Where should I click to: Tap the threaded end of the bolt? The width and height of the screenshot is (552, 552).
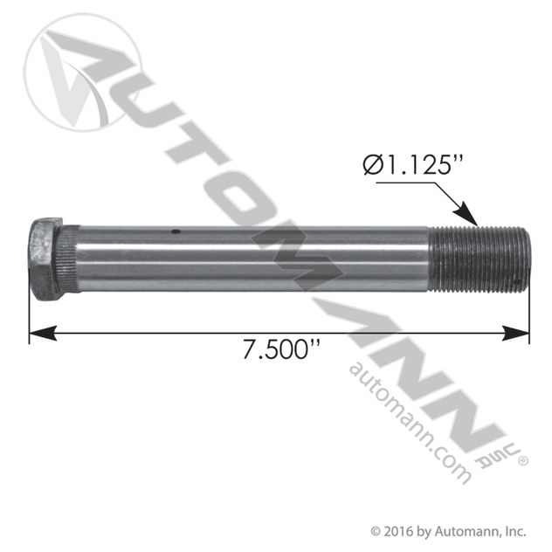[481, 259]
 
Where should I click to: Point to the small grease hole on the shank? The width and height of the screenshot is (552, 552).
[176, 232]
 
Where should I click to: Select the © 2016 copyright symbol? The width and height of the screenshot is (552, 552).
[376, 530]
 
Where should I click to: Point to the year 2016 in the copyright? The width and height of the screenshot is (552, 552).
[397, 530]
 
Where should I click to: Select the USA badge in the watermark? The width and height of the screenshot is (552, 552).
[507, 452]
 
